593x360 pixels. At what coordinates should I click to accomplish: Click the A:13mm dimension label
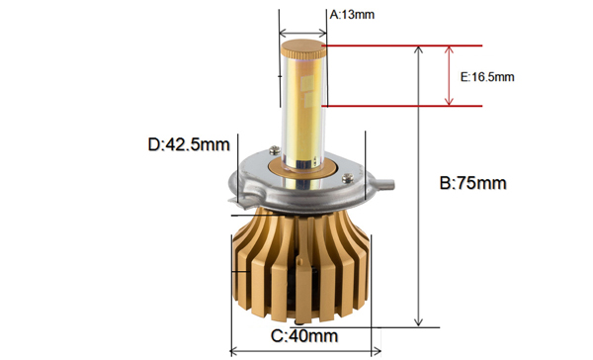[352, 15]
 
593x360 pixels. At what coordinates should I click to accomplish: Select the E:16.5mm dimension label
[487, 77]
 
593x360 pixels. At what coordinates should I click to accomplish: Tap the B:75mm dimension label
[472, 183]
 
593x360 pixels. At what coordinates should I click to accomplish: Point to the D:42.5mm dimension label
[189, 144]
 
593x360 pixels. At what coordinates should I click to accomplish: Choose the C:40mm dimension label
[304, 336]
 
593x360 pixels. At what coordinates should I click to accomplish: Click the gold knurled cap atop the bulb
[303, 48]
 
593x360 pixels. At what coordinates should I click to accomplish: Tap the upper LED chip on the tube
[306, 82]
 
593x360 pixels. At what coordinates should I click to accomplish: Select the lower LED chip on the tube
[309, 100]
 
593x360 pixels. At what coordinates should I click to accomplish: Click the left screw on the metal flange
[275, 150]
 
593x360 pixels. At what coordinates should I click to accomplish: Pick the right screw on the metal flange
[348, 178]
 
